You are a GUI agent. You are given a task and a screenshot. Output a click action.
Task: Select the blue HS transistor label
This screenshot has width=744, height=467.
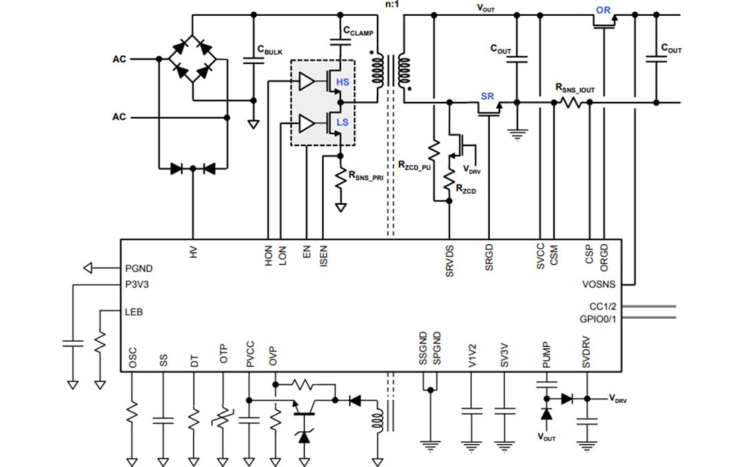coord(342,83)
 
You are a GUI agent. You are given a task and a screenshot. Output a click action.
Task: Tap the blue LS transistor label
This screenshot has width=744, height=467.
coord(342,122)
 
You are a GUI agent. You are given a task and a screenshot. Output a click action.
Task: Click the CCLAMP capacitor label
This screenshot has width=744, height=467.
coord(358,32)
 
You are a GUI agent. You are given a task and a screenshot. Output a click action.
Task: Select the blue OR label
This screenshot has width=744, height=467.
coord(603,10)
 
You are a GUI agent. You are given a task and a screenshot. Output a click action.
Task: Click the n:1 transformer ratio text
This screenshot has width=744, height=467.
coord(393,5)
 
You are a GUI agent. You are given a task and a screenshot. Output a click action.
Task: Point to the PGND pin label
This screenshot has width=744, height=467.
coord(140,269)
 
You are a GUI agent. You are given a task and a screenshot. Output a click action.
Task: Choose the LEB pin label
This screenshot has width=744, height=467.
coord(134,312)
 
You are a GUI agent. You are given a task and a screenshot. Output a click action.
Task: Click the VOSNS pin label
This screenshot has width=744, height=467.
coord(599,284)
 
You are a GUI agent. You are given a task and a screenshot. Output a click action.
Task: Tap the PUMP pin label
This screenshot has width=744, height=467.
coord(546,353)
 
